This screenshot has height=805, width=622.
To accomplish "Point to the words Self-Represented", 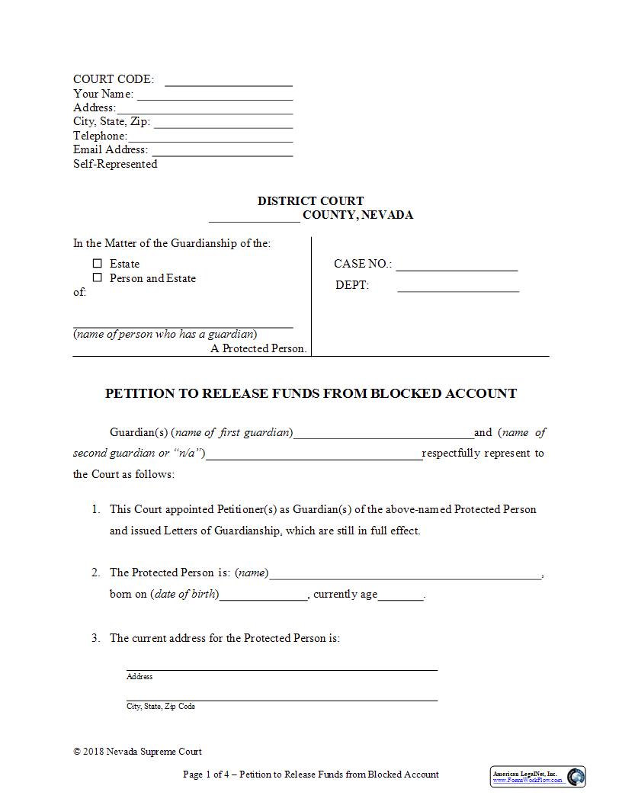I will click(115, 164).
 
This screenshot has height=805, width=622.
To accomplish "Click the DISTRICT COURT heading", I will click(310, 201).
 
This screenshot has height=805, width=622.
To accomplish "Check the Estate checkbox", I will click(98, 264).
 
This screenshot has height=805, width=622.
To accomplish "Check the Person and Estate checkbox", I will click(98, 278).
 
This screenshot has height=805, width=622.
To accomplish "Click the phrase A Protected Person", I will click(258, 348).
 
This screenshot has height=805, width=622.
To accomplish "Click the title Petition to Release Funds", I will click(310, 393).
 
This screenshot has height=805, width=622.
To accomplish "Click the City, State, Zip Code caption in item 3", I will click(161, 707).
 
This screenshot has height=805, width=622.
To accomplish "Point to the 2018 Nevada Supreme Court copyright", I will click(138, 752).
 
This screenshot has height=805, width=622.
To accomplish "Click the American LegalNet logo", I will click(537, 777).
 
